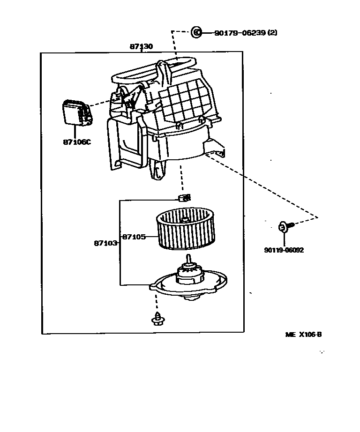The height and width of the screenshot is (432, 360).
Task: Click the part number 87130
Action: click(141, 47)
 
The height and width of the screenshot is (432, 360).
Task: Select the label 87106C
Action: click(76, 142)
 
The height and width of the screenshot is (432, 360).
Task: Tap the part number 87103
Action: click(105, 243)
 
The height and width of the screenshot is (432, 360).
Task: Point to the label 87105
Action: click(134, 237)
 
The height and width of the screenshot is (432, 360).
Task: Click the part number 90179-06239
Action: click(240, 33)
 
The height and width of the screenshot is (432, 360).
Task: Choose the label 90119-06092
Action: click(284, 250)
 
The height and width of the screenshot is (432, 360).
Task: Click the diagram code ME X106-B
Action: click(303, 335)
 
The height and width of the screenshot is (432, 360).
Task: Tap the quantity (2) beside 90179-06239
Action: click(273, 33)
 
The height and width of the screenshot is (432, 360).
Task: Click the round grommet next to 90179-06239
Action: click(196, 32)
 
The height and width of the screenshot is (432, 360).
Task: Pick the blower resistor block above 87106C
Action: click(75, 114)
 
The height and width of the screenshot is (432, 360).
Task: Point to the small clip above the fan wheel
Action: click(185, 197)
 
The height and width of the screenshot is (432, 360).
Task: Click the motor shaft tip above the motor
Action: click(188, 258)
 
